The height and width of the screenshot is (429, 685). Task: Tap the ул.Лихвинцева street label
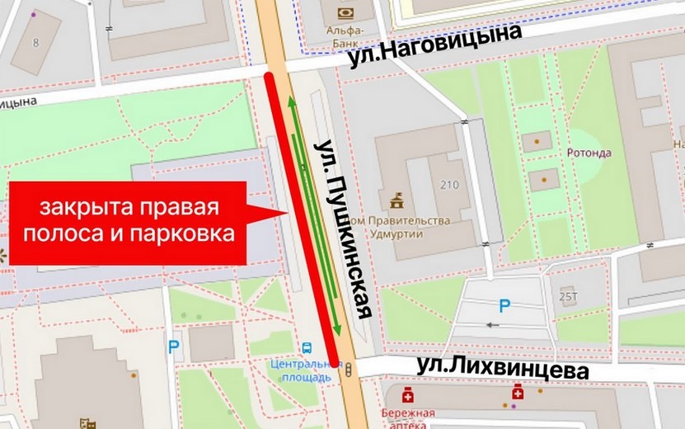502,368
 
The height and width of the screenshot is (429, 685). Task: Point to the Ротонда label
589,153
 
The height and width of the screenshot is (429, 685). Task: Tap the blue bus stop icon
307,348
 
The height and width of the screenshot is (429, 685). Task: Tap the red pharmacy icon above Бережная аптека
406,394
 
